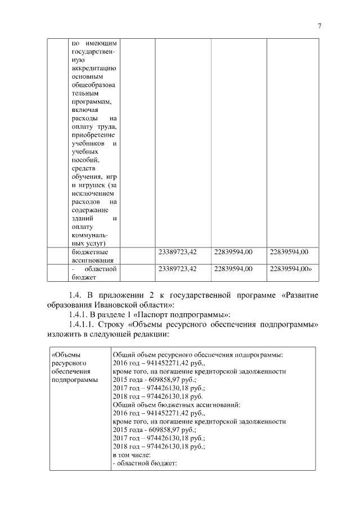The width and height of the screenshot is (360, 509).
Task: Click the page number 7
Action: click(319, 25)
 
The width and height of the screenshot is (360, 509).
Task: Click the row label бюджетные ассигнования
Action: click(93, 255)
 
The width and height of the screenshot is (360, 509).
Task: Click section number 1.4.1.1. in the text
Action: click(82, 325)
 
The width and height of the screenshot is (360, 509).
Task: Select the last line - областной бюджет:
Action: click(145, 462)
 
